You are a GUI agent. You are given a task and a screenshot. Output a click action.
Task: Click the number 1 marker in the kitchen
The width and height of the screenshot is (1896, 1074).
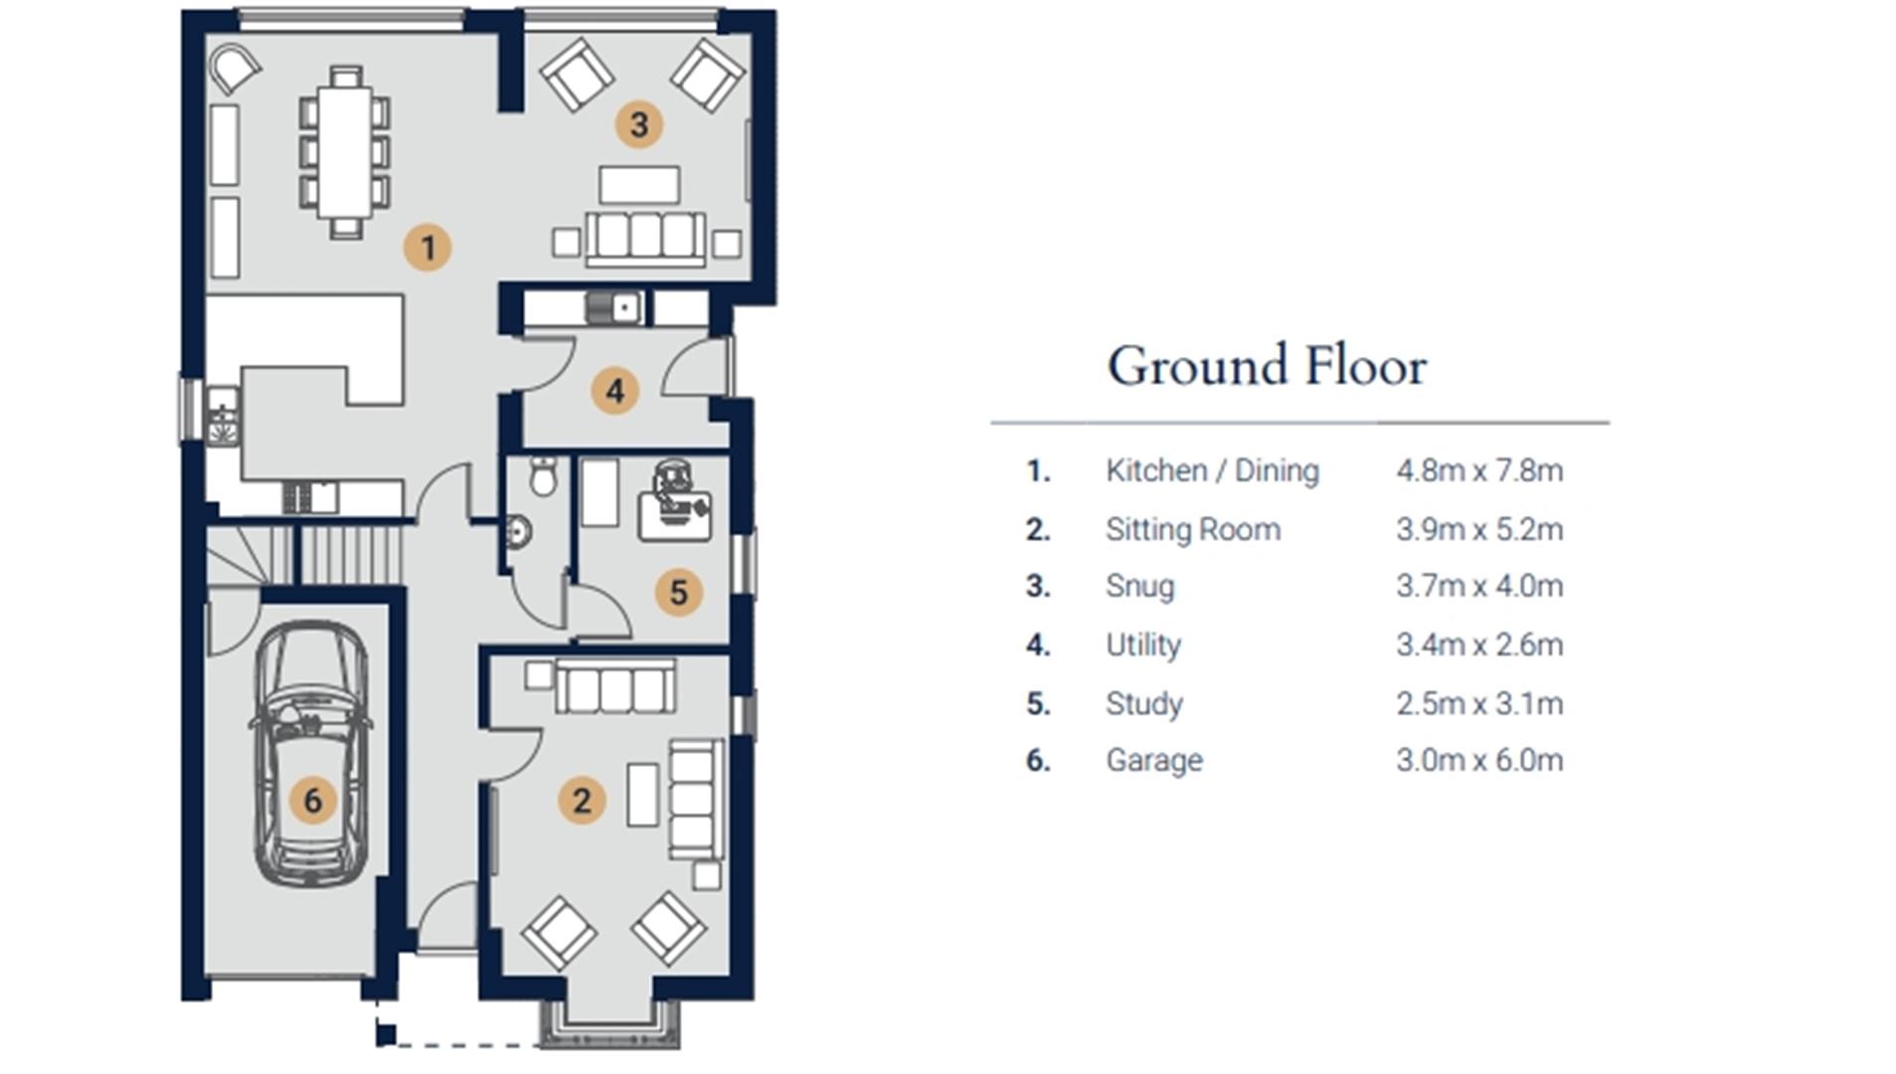click(x=428, y=248)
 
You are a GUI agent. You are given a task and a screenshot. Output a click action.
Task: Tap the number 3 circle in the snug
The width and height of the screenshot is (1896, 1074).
click(x=639, y=124)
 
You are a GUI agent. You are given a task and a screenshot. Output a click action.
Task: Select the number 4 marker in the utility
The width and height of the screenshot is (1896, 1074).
click(x=615, y=391)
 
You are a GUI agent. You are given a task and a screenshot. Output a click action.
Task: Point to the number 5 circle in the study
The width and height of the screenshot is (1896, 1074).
click(x=679, y=593)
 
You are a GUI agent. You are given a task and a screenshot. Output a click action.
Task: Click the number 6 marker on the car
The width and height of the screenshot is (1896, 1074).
click(x=313, y=801)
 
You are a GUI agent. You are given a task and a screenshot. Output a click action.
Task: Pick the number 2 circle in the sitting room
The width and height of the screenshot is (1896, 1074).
click(x=582, y=801)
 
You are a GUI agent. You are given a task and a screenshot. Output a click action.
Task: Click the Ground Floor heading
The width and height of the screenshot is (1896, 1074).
click(x=1268, y=366)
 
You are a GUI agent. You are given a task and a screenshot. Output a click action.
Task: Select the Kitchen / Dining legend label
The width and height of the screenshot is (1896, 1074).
click(x=1212, y=470)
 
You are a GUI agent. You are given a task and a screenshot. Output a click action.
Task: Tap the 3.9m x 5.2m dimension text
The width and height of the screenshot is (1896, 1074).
click(x=1479, y=529)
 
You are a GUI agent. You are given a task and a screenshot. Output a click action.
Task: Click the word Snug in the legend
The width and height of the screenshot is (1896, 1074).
click(x=1139, y=587)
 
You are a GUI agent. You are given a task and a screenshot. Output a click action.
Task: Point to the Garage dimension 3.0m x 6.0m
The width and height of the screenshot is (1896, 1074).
click(x=1479, y=761)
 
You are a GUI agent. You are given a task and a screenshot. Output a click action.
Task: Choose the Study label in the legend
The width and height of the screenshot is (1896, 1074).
click(x=1144, y=704)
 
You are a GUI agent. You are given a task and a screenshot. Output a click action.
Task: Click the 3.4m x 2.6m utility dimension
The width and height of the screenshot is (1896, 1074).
click(x=1479, y=644)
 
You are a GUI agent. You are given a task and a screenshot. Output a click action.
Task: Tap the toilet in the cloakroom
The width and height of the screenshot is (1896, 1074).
click(x=543, y=476)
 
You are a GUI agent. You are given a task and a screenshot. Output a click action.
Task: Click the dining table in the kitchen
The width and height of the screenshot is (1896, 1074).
click(x=345, y=152)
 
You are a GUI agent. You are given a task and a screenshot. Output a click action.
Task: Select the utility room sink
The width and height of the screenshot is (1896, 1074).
click(x=615, y=307)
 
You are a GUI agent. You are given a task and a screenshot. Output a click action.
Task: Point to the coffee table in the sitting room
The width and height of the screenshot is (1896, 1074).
click(x=643, y=795)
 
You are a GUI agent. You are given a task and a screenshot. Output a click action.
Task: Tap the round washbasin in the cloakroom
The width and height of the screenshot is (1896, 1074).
click(x=517, y=532)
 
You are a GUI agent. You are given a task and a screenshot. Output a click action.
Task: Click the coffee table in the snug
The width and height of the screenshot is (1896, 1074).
click(x=639, y=185)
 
